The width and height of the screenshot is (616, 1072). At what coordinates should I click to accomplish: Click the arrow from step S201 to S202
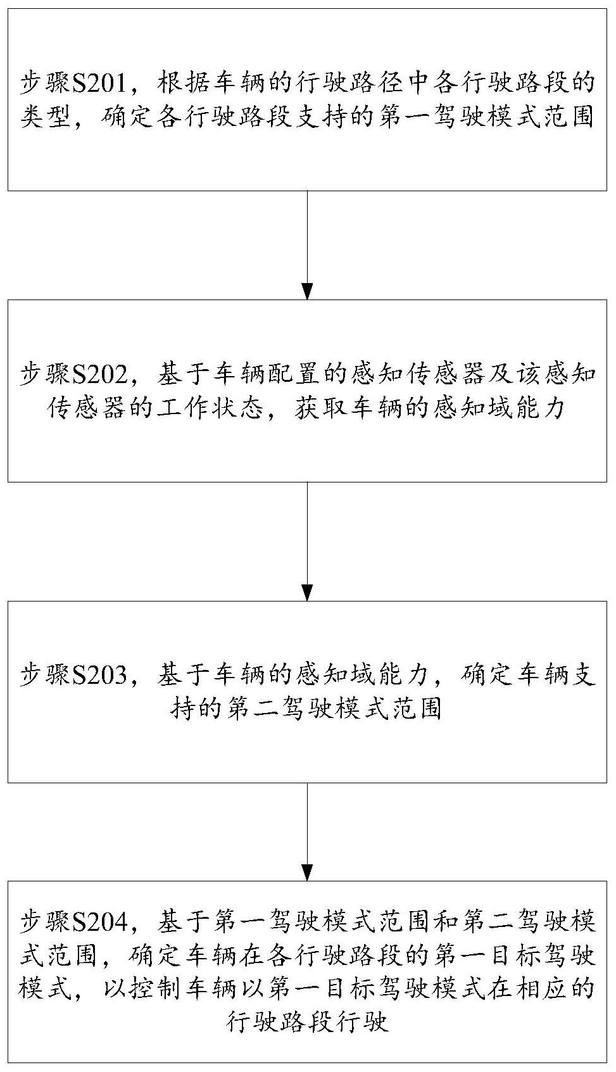click(x=307, y=245)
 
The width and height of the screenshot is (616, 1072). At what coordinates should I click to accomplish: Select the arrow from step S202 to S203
click(x=307, y=541)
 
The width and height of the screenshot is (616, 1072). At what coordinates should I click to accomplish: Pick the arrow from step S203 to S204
click(x=307, y=832)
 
